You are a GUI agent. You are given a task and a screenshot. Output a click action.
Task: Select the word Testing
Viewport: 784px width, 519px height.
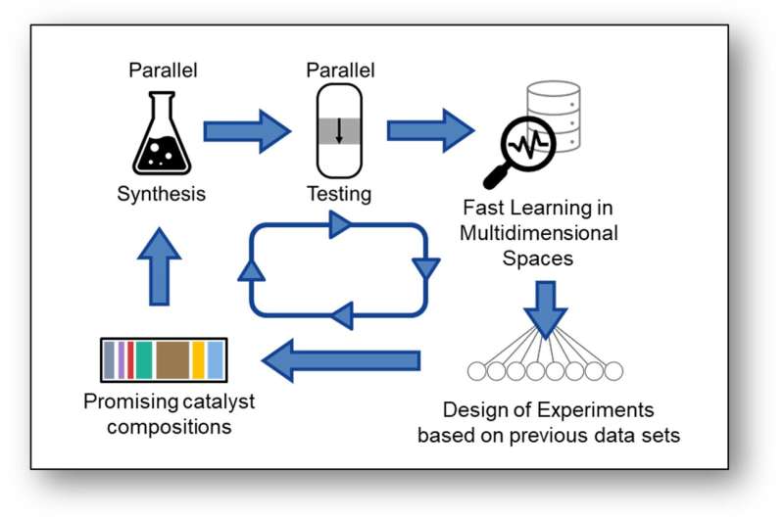point(338,194)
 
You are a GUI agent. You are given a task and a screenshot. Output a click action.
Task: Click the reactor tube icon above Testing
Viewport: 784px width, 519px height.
point(338,130)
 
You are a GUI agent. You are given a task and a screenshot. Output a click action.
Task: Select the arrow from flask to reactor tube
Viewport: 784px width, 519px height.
point(247,131)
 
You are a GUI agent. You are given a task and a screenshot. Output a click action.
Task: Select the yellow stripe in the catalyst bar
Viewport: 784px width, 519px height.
point(198,360)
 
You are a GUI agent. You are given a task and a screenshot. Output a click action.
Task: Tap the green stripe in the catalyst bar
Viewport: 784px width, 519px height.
point(144,360)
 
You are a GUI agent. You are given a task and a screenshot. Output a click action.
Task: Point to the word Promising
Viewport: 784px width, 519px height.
point(122,401)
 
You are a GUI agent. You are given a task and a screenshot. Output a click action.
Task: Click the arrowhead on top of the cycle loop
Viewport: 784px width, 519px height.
point(340,226)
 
